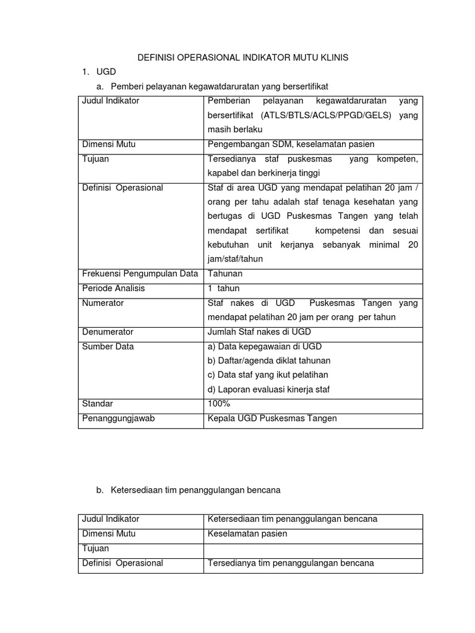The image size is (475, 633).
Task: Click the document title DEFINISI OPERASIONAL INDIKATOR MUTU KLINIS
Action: tap(242, 57)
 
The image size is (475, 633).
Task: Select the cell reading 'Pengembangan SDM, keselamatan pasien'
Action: tap(291, 145)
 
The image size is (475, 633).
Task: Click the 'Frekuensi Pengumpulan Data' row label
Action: tap(140, 274)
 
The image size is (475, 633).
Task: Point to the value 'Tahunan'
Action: tap(225, 274)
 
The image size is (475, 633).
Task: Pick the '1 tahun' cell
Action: tap(223, 289)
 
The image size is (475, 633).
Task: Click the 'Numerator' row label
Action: tap(103, 303)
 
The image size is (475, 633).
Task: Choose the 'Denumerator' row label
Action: tap(108, 332)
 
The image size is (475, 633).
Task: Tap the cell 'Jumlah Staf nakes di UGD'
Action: tap(259, 332)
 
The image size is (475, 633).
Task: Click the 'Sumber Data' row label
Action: tap(108, 347)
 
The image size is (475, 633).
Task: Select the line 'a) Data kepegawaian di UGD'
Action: tap(265, 347)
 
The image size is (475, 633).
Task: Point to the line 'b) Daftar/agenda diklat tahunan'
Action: tap(269, 360)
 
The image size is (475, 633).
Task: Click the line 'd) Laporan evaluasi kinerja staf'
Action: tap(269, 389)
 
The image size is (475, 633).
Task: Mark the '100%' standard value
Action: tap(219, 404)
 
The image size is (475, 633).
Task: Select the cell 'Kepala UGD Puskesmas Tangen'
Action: tap(272, 418)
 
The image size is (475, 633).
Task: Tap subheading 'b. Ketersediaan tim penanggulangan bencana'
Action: tap(188, 490)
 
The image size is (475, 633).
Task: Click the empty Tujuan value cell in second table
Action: tap(313, 548)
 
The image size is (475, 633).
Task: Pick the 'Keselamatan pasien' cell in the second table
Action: tap(247, 533)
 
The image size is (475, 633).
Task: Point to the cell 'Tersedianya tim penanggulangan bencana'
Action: tap(291, 563)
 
